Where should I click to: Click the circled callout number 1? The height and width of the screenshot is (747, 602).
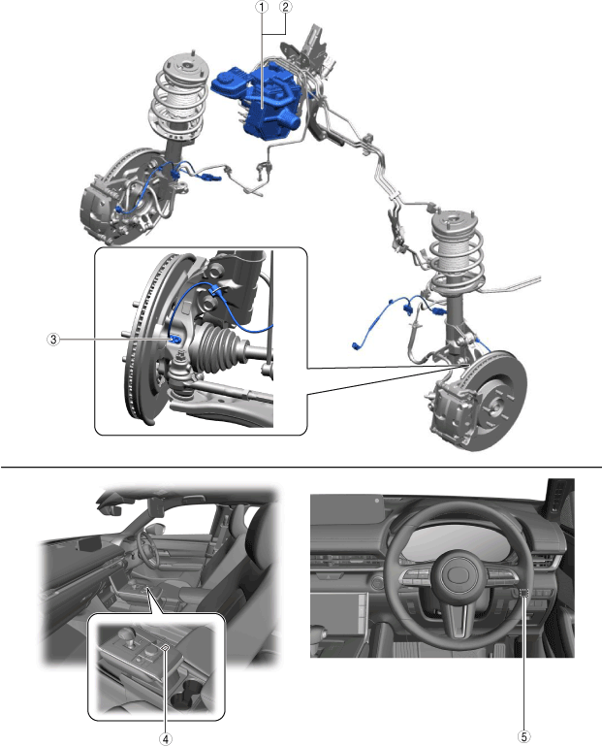coord(262,7)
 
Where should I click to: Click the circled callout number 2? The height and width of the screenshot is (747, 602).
coord(286,7)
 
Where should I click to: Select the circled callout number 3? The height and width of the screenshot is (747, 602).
coord(53,340)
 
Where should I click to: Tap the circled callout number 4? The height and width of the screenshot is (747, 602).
coord(165,738)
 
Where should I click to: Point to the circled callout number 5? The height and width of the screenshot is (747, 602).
coord(523,736)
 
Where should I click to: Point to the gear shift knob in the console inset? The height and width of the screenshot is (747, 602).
coord(126,635)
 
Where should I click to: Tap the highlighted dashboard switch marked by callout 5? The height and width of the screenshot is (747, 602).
coord(523,593)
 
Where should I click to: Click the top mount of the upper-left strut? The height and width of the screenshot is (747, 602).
coord(184,68)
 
